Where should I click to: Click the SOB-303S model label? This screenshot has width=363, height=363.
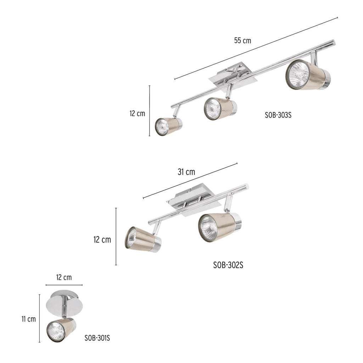(x=278, y=115)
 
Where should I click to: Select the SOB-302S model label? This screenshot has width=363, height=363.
(x=228, y=265)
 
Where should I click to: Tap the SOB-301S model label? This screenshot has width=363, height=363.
(x=97, y=338)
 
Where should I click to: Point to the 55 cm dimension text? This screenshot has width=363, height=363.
(x=242, y=40)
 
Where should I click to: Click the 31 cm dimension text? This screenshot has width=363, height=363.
(x=186, y=172)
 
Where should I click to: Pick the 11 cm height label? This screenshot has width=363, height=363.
(x=29, y=319)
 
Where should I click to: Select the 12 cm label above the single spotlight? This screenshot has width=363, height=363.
(x=64, y=277)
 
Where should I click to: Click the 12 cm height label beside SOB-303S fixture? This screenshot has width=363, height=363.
(x=137, y=113)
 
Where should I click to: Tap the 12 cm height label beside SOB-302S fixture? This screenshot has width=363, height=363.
(x=102, y=239)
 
